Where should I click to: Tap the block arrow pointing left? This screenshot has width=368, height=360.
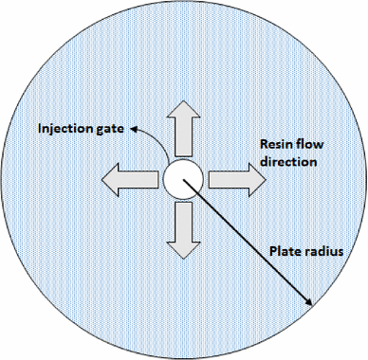[x=130, y=177]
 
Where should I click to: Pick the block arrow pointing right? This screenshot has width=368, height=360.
[x=234, y=177]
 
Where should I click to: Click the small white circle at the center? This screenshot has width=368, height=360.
[x=182, y=177]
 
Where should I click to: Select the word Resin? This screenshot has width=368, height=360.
[x=279, y=144]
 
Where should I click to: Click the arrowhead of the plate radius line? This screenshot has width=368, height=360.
[x=309, y=301]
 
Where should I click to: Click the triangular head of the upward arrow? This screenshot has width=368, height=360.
[x=182, y=110]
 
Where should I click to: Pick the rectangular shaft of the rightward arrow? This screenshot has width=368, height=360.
[x=224, y=177]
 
